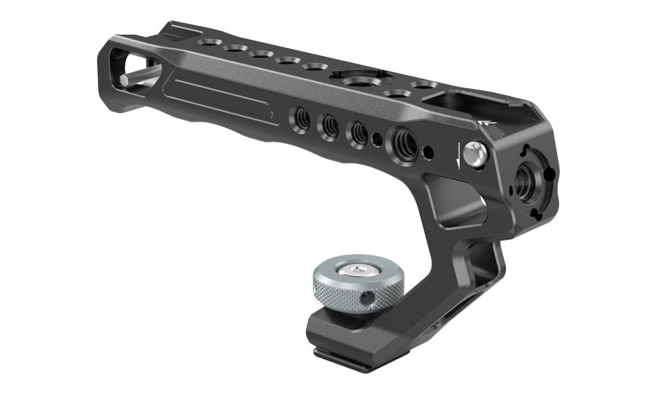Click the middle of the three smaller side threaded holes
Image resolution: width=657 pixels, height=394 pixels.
click(x=328, y=124)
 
